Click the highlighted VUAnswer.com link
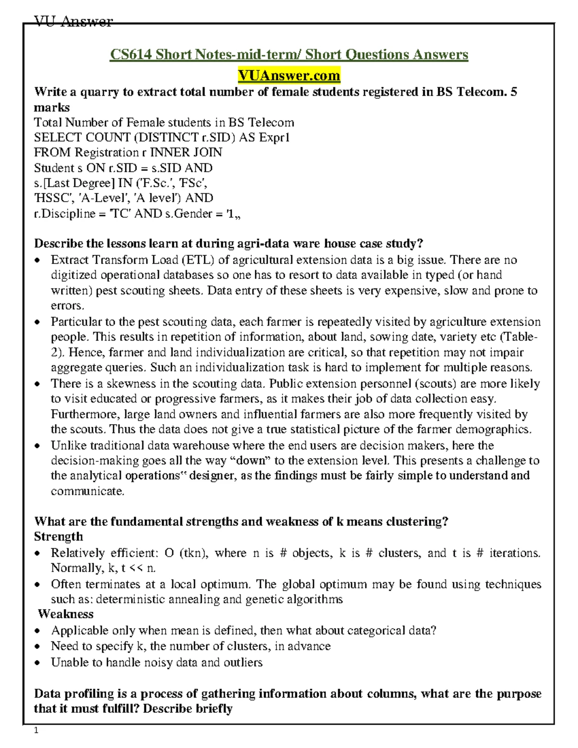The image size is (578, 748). (x=289, y=76)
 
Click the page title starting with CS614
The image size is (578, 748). (x=289, y=54)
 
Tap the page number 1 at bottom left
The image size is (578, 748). (x=36, y=731)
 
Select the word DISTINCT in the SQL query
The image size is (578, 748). (x=168, y=138)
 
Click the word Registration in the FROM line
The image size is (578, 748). (x=106, y=153)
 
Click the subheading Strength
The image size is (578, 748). (x=58, y=537)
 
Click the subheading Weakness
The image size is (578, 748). (x=66, y=614)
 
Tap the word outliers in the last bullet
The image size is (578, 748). (x=243, y=662)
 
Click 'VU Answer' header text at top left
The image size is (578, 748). (x=73, y=21)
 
